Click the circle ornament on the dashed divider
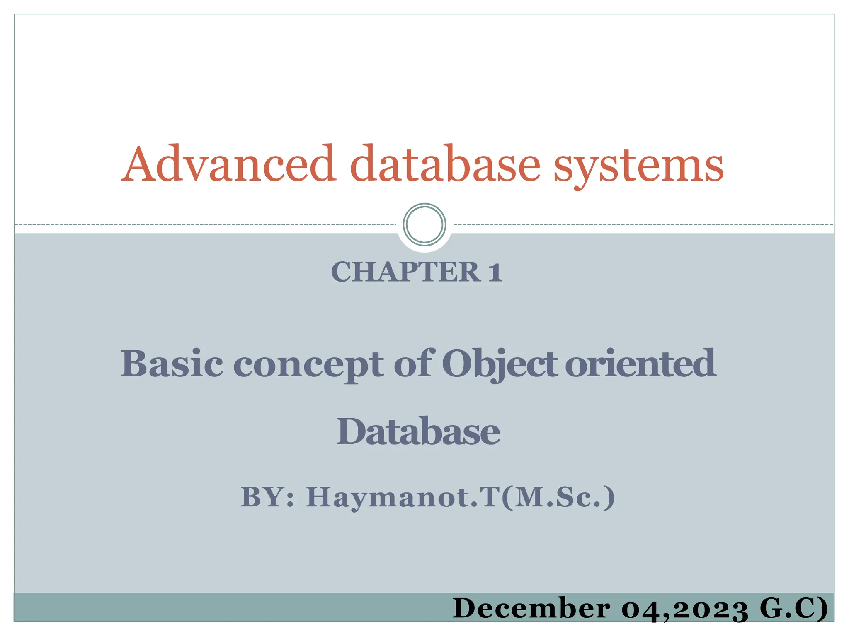point(424,224)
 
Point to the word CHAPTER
point(405,272)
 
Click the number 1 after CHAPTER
point(495,272)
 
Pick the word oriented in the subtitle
point(640,364)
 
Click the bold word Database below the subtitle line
point(418,431)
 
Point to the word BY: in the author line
point(268,497)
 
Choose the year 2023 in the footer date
point(711,609)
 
